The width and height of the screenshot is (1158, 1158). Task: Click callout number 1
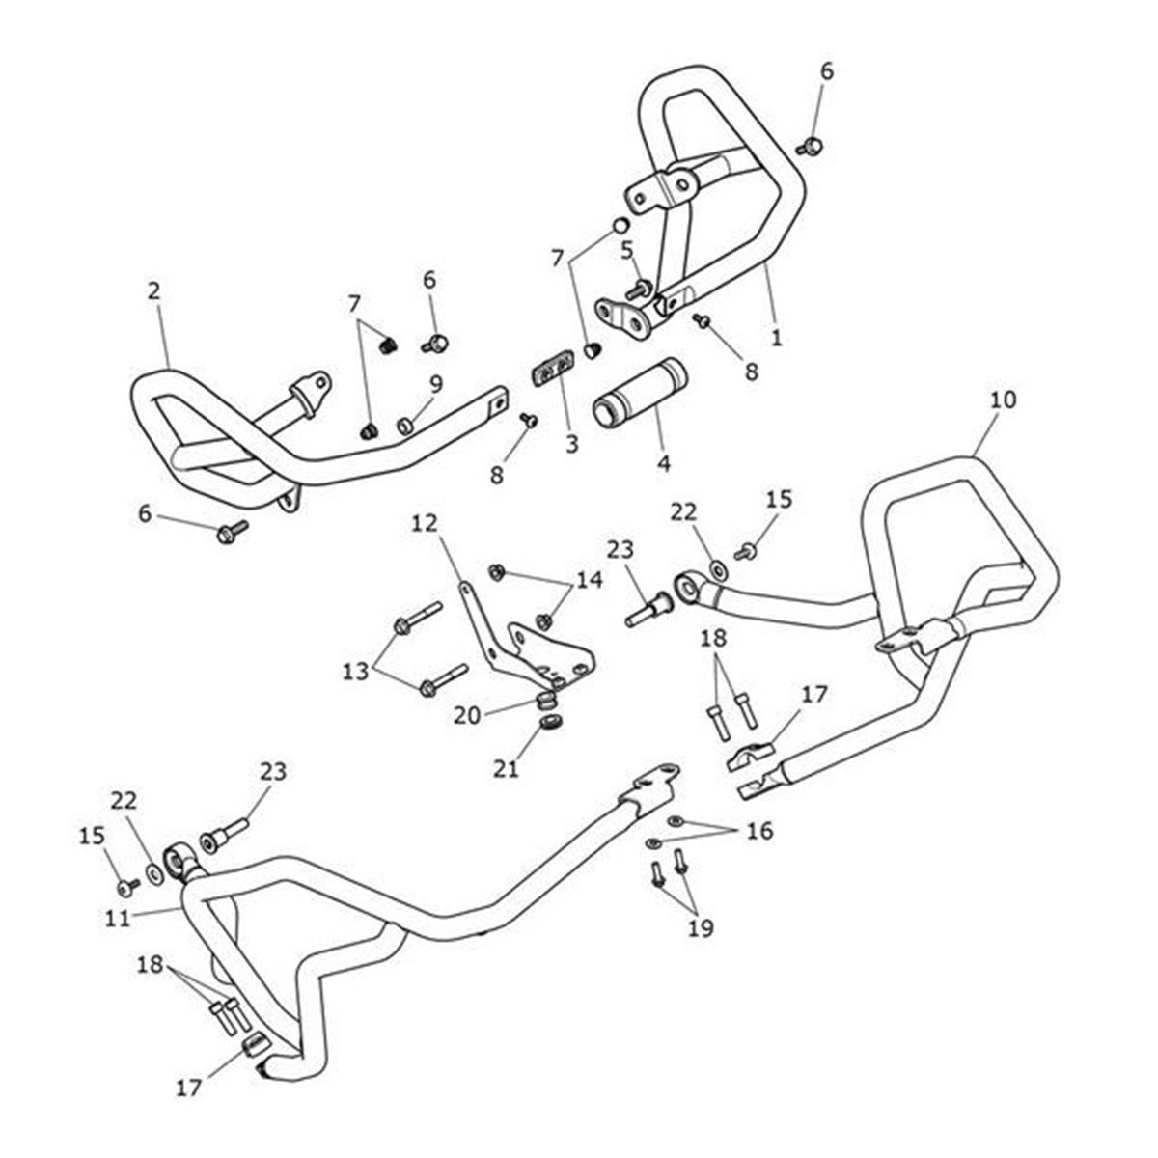click(776, 338)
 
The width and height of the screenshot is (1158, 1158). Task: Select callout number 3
click(571, 444)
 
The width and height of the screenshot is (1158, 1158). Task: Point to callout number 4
click(663, 463)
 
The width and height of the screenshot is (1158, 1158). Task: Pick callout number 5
click(626, 250)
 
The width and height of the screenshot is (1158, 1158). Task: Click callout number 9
click(436, 383)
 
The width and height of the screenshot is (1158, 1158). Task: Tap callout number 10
click(1003, 399)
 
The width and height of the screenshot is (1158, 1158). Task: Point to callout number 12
click(424, 523)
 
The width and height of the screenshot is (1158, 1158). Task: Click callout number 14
click(589, 579)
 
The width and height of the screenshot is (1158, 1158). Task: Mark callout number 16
click(759, 830)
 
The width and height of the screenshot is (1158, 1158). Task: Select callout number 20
click(467, 715)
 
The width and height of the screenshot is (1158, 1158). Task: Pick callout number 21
click(506, 768)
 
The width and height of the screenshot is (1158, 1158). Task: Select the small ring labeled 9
click(406, 424)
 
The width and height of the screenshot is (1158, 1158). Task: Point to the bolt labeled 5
click(637, 289)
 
